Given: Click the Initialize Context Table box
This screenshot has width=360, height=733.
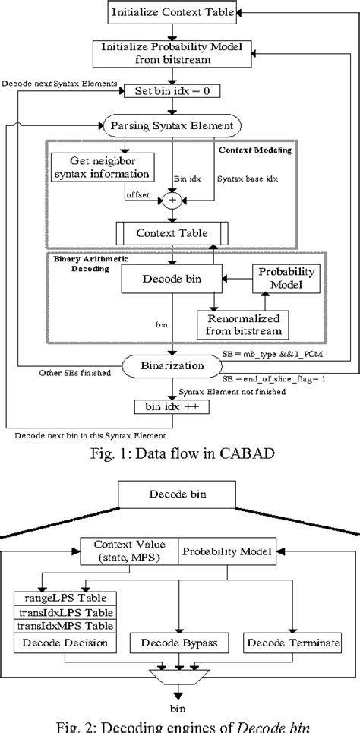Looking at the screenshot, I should [174, 12].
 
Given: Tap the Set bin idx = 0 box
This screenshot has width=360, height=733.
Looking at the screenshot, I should [174, 89].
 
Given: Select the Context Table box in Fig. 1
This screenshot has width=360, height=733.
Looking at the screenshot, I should [174, 232].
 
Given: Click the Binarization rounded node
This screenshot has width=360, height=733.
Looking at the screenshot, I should [174, 365].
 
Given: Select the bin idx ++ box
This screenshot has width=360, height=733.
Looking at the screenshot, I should [174, 406].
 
